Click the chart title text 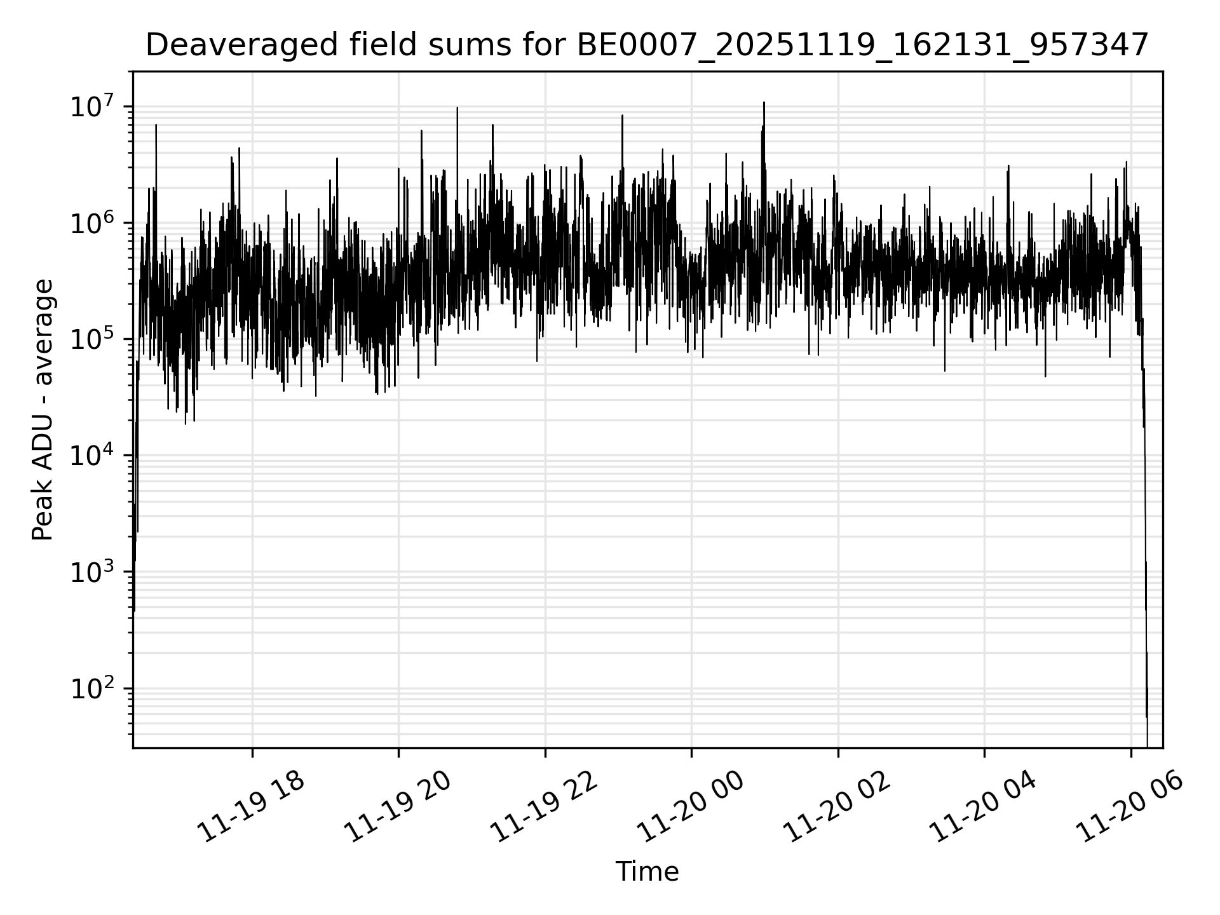[647, 45]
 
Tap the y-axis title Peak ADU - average [43, 410]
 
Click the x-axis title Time [647, 872]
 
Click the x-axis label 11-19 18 [250, 808]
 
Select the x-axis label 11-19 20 [397, 808]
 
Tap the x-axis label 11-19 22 [544, 808]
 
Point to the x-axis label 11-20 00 [690, 808]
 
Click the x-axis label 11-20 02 [837, 808]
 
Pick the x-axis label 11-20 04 [983, 808]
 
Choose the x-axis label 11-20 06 [1130, 808]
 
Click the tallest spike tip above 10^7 [764, 103]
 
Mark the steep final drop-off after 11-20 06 [1145, 508]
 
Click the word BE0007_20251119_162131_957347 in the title [862, 45]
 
